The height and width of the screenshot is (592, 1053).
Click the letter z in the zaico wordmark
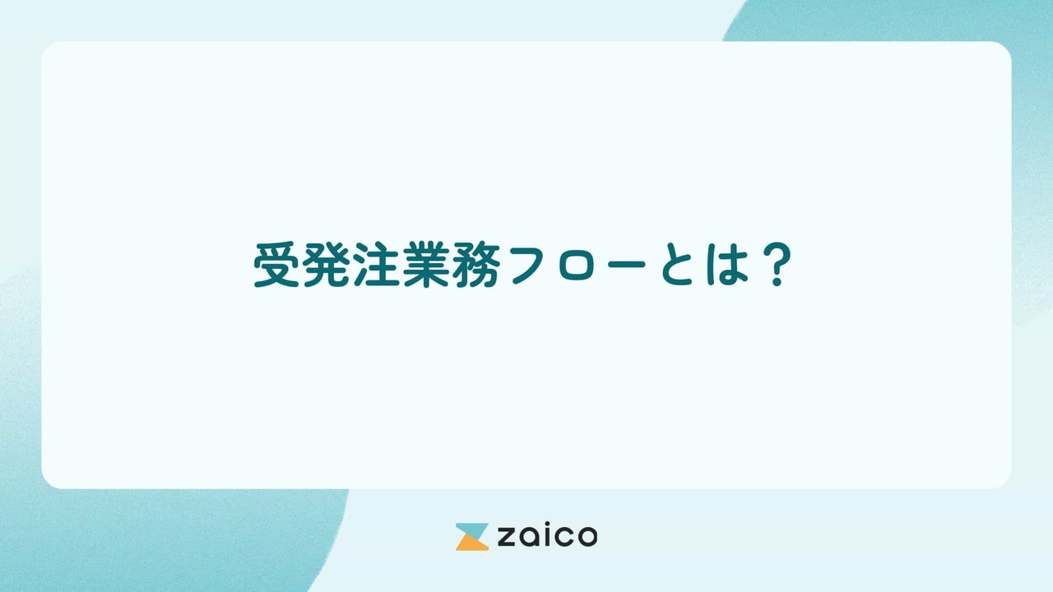point(504,538)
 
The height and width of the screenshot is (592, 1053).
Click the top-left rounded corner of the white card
point(49,49)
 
